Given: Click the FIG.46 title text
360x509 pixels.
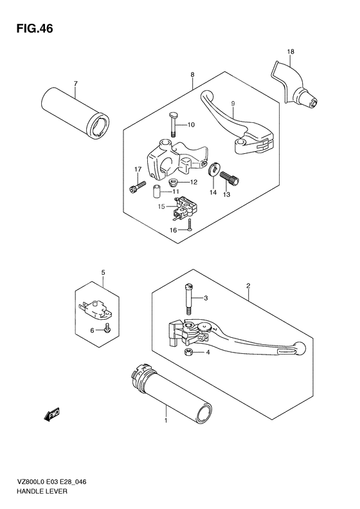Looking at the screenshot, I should click(x=30, y=29).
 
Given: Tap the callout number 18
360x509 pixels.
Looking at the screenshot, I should click(x=290, y=51).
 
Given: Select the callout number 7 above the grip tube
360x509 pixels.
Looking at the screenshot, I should click(x=75, y=84).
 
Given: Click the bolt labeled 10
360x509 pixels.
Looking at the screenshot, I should click(x=174, y=123).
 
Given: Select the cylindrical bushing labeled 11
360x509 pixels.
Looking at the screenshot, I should click(x=157, y=192).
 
